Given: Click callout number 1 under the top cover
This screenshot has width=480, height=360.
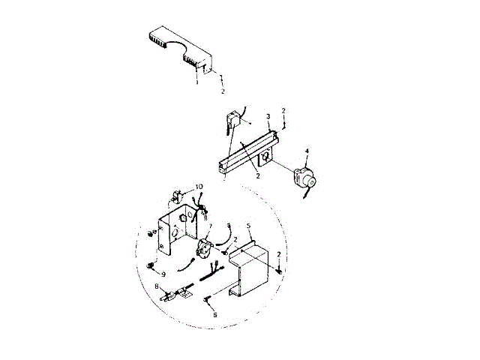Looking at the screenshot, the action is click(196, 82).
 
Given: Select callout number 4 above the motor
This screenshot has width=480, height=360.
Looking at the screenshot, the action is click(306, 152).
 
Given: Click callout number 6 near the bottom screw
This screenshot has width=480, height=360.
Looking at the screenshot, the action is click(215, 316).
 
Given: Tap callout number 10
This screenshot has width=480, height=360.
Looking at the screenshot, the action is click(198, 186).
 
